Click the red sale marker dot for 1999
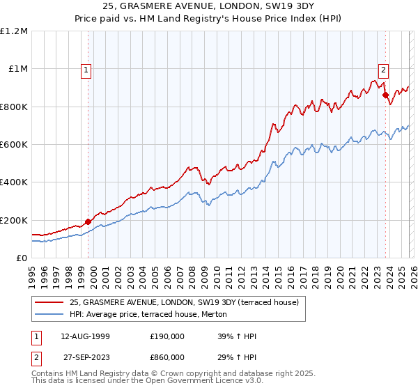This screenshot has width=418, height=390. coord(88,222)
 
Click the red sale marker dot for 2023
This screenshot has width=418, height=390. coord(385,95)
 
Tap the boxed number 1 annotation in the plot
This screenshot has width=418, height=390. coord(85,70)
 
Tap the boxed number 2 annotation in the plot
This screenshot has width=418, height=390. coord(383,69)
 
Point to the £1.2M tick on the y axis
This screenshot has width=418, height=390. coord(14,31)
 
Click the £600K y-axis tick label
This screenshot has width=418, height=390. coord(14,145)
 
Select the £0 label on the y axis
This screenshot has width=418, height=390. coord(21,258)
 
